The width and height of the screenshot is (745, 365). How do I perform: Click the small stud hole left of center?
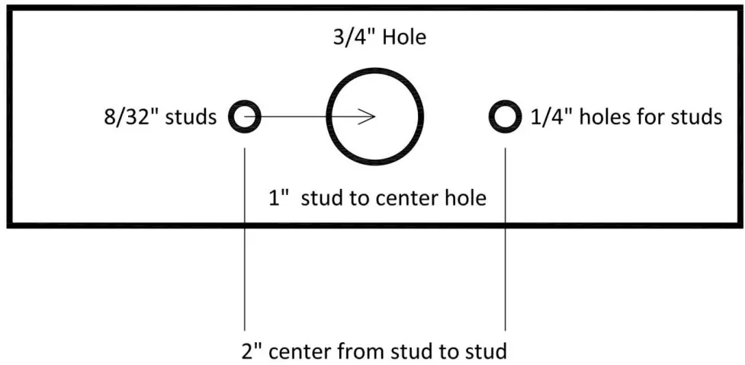[245, 117]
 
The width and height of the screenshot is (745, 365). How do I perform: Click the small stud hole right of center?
[504, 117]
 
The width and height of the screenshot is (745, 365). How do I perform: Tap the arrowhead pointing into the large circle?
[369, 117]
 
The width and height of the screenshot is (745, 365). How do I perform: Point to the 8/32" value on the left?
[131, 118]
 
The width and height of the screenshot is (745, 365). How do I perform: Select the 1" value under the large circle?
[276, 199]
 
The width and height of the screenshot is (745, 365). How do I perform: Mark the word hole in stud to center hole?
[465, 199]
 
